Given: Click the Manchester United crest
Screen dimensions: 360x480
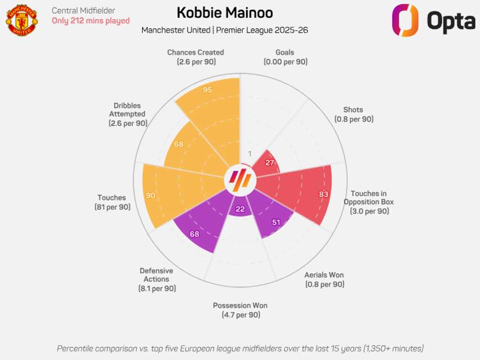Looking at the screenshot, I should click(22, 20).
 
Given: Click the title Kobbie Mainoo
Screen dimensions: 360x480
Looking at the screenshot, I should click(225, 13).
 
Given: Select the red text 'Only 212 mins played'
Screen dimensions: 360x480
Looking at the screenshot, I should click(91, 21).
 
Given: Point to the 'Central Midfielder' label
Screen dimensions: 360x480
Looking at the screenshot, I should click(83, 10).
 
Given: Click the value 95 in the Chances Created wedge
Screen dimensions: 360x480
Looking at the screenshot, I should click(207, 90).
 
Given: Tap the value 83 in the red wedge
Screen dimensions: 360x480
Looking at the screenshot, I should click(323, 194).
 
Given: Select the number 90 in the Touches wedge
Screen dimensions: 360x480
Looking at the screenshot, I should click(150, 195).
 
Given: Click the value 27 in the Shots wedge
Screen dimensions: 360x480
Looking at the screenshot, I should click(269, 163).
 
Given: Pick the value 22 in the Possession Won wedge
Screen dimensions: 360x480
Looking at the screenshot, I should click(240, 209).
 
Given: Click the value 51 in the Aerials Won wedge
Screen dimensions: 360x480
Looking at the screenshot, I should click(276, 222).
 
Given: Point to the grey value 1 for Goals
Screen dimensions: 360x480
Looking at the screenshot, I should click(250, 154).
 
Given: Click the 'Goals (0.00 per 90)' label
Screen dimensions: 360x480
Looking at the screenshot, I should click(285, 57).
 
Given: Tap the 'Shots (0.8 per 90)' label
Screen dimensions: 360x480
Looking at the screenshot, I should click(354, 115).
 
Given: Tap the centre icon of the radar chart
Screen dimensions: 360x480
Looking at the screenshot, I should click(240, 180).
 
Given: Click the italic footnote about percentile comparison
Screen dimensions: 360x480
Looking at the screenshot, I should click(240, 348).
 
